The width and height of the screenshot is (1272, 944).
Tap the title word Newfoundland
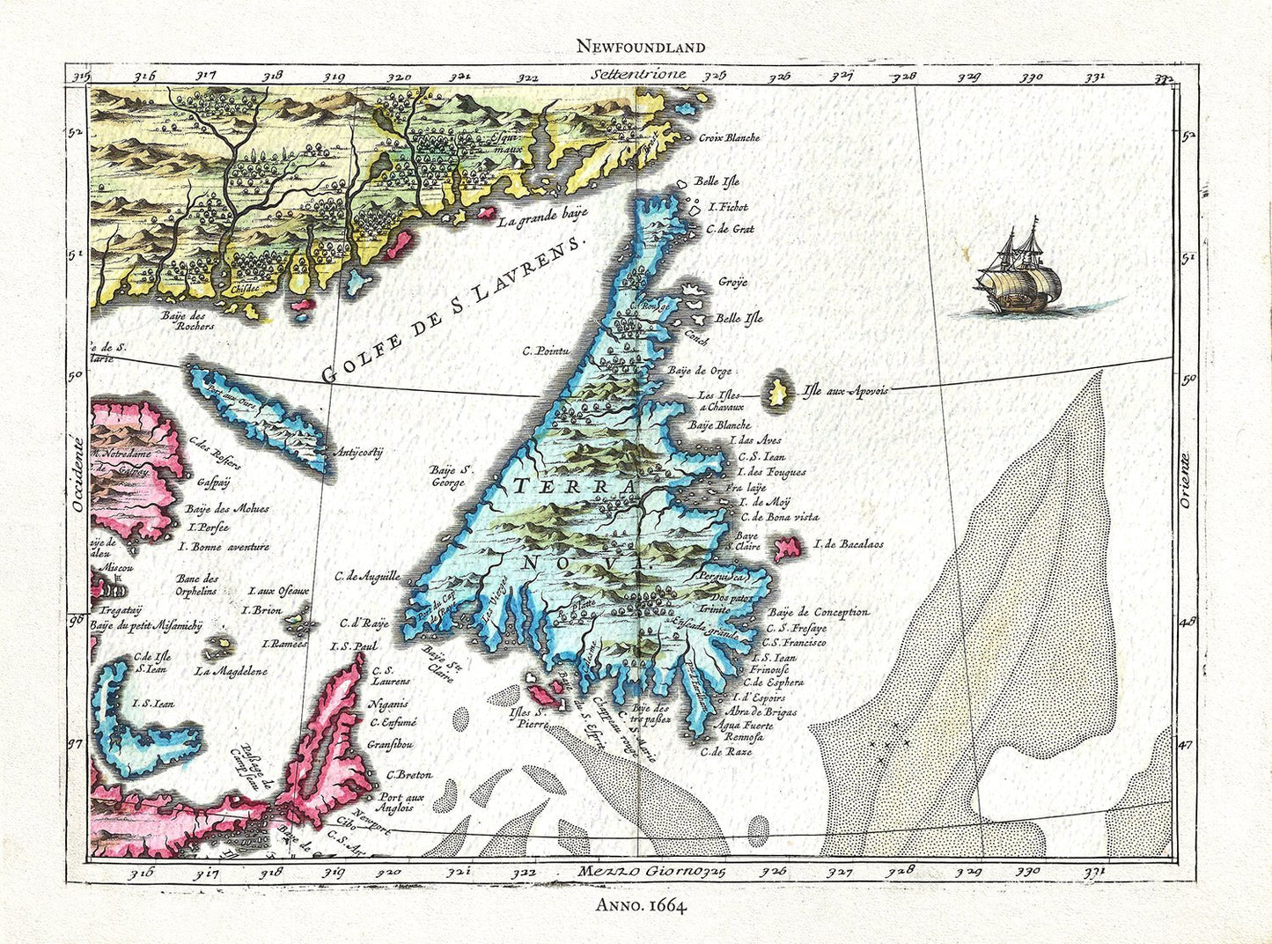pyautogui.click(x=641, y=47)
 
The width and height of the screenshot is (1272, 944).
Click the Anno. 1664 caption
pyautogui.click(x=641, y=904)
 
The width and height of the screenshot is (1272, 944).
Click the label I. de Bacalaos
pyautogui.click(x=849, y=544)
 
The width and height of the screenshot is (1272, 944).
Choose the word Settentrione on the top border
pyautogui.click(x=639, y=75)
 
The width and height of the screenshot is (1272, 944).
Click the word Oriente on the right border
pyautogui.click(x=1185, y=480)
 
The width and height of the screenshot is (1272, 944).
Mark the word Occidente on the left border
pyautogui.click(x=77, y=475)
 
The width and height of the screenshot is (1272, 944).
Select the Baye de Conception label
pyautogui.click(x=818, y=612)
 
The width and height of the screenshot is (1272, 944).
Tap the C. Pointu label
pyautogui.click(x=545, y=350)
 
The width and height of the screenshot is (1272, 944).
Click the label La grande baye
pyautogui.click(x=542, y=216)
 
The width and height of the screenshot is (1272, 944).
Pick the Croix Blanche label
pyautogui.click(x=729, y=137)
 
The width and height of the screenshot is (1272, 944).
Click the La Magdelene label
pyautogui.click(x=231, y=671)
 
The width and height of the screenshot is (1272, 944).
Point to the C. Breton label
pyautogui.click(x=409, y=775)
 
